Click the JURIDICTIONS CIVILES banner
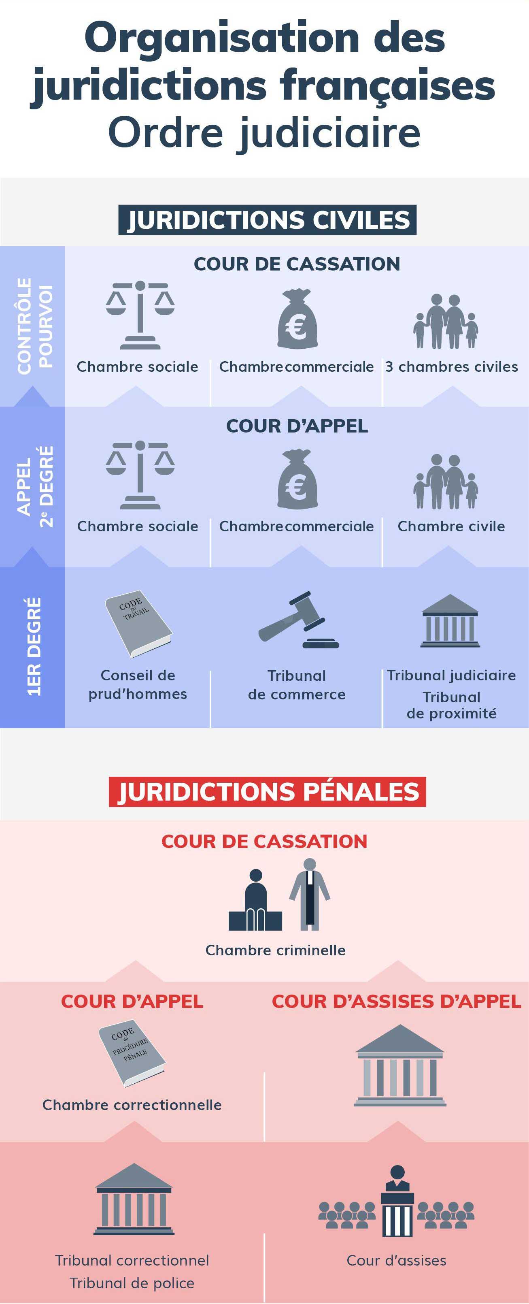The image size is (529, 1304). pos(267,219)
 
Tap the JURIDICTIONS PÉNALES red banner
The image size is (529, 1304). pos(267,791)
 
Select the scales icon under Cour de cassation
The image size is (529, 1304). pos(140,315)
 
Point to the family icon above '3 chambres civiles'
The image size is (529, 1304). pos(446,322)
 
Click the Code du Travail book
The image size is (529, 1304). pos(138,624)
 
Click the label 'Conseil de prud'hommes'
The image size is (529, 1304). pos(138,684)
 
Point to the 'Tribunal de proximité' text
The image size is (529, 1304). pos(452,705)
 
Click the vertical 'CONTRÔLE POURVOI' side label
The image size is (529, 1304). pos(34,326)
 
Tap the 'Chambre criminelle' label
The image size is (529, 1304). pos(276,950)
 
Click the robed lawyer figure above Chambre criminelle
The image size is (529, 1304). pos(310,894)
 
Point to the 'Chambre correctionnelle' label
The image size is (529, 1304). pos(132,1105)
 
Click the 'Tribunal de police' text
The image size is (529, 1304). pos(132,1283)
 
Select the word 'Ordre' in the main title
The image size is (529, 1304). pos(166,133)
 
